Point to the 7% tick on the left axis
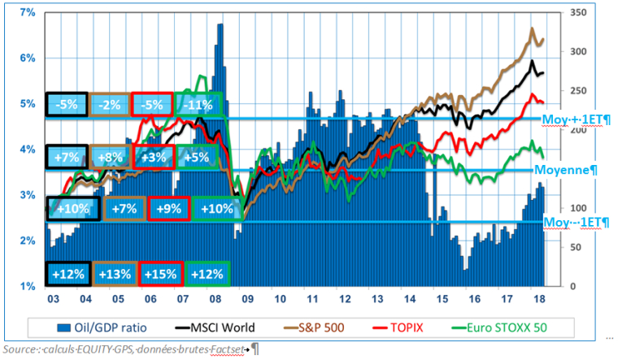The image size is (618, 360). (27, 13)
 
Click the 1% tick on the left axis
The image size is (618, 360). (27, 286)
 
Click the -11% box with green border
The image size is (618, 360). (198, 104)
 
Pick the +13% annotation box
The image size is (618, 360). (114, 274)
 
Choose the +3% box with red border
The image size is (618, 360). (155, 157)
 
